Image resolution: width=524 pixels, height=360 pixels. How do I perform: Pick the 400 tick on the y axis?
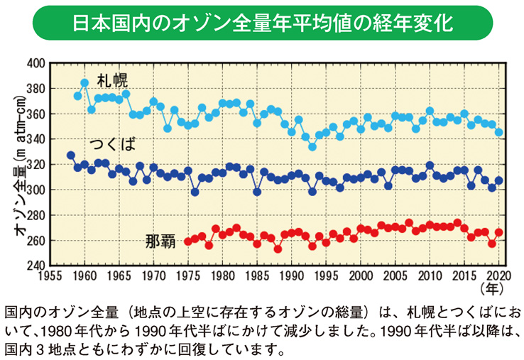[x=35, y=63]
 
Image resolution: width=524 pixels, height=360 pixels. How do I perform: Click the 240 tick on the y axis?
[x=35, y=266]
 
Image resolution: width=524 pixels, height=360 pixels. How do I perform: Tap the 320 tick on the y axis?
[x=35, y=165]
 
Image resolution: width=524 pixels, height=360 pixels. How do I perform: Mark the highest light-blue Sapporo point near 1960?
[x=84, y=82]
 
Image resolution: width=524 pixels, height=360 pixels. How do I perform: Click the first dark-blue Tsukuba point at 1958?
[x=70, y=156]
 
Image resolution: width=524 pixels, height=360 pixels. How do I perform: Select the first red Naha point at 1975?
[x=188, y=241]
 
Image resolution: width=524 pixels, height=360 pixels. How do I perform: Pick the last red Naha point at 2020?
[x=499, y=232]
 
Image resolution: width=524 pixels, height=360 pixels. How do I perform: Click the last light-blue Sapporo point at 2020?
[x=499, y=132]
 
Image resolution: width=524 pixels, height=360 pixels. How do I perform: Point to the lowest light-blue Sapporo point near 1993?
[x=312, y=147]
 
